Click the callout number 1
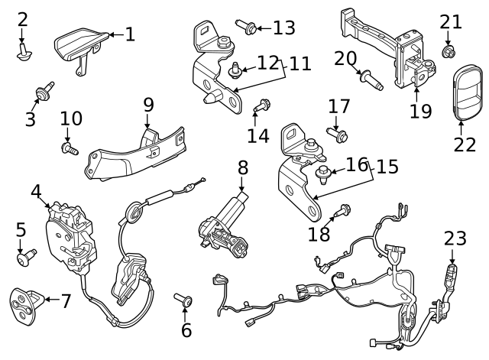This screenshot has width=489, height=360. tap(129, 34)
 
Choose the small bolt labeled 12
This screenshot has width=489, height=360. tap(235, 70)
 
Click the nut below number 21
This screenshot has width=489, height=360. tap(449, 51)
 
